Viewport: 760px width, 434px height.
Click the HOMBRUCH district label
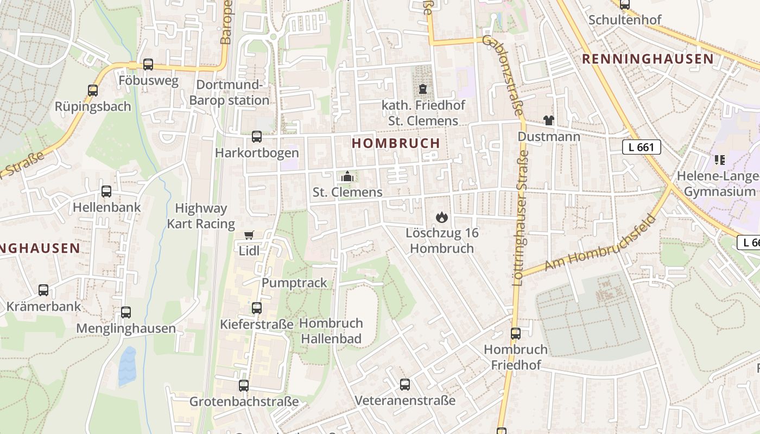(396, 143)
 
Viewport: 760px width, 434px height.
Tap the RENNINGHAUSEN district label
(648, 59)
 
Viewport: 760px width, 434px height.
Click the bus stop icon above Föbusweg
(148, 65)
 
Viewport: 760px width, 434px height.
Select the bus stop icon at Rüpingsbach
(93, 90)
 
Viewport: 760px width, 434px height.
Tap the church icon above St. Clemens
(347, 176)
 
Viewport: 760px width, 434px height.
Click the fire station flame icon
(442, 218)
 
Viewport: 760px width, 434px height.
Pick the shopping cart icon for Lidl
(249, 235)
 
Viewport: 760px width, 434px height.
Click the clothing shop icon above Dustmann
(549, 120)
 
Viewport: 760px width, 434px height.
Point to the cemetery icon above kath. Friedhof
(423, 89)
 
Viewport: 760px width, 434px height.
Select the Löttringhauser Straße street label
(521, 217)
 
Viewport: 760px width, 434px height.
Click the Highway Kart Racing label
(201, 216)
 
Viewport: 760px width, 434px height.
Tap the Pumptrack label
(295, 283)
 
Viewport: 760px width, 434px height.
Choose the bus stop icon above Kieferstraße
(257, 308)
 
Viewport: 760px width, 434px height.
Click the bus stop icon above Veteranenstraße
(405, 385)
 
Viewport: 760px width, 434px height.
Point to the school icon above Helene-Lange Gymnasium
(720, 160)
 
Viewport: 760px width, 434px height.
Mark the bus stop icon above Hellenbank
(106, 191)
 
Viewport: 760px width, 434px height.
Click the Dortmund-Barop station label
(230, 93)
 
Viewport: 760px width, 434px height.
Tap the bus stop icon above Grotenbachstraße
(244, 386)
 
